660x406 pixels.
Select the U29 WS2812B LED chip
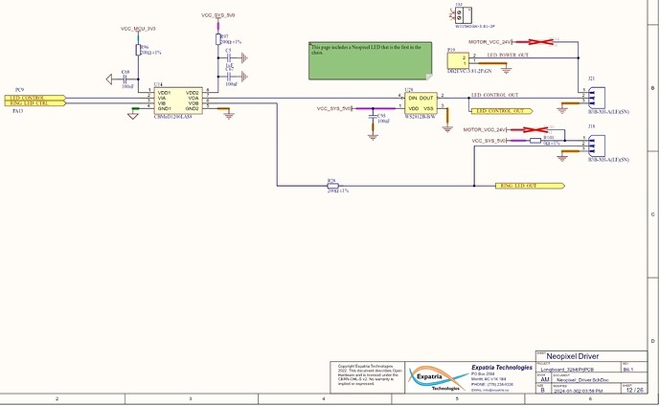[419, 102]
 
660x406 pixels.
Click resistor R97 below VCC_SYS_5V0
[217, 41]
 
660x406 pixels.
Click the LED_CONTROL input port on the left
[34, 97]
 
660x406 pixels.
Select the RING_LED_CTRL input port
[34, 103]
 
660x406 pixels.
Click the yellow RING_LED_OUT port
[526, 184]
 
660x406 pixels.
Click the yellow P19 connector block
[456, 60]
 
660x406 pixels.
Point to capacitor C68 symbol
[126, 79]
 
